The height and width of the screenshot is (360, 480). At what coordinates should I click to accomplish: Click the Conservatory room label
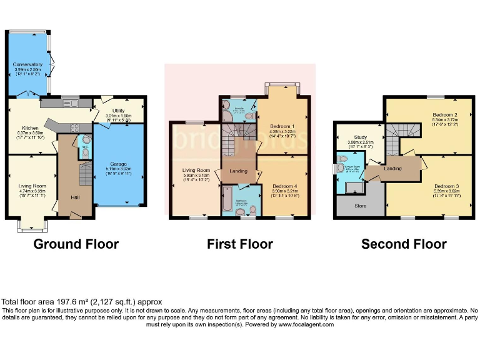(27, 64)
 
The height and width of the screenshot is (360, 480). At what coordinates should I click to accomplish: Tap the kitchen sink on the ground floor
(68, 103)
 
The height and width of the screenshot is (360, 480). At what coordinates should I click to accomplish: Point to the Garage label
(118, 163)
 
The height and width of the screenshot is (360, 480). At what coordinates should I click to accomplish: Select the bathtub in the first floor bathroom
(226, 202)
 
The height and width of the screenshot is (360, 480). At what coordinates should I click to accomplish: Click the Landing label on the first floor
(237, 171)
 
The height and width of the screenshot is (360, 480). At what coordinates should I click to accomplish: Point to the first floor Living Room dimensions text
(195, 181)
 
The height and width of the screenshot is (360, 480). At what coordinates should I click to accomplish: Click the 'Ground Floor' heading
(76, 244)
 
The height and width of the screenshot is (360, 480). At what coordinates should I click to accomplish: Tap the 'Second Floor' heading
(404, 244)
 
